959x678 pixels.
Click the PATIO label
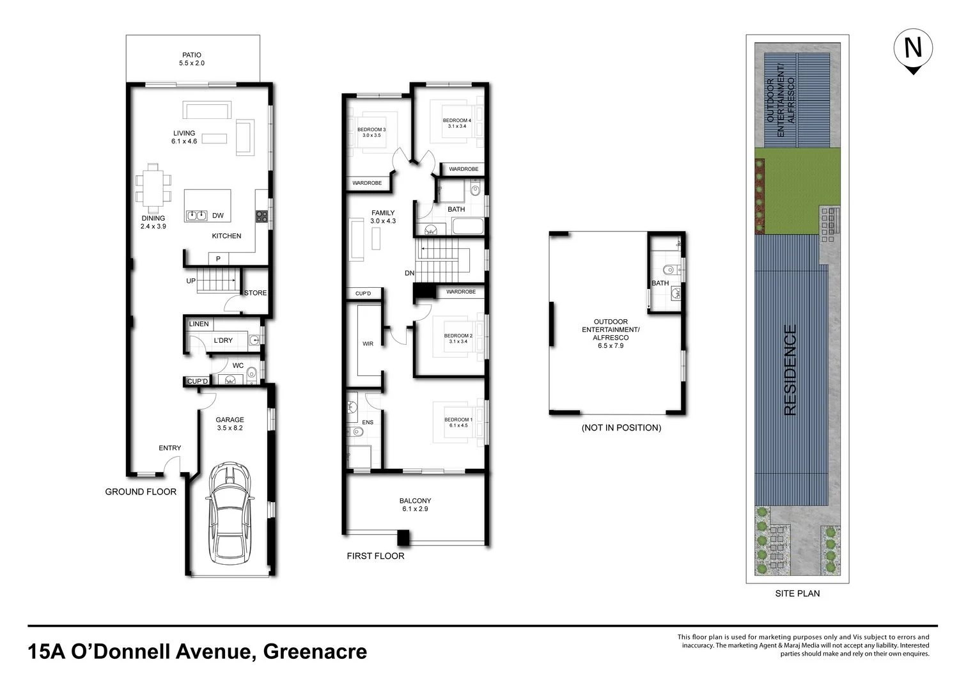(x=192, y=55)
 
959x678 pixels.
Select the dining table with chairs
(x=153, y=188)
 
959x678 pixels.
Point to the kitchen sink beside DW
(x=196, y=216)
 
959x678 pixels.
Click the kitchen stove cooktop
(x=261, y=216)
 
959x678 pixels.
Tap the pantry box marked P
(x=219, y=258)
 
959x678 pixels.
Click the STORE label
(x=256, y=293)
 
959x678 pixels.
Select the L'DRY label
(x=223, y=340)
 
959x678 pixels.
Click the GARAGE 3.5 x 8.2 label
(x=230, y=423)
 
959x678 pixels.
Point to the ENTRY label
(x=170, y=448)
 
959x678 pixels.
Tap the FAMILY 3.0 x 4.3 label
(x=383, y=217)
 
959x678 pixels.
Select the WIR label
(x=368, y=343)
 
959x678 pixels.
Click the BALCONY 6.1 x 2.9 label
(x=416, y=505)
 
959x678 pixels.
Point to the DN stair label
(x=410, y=273)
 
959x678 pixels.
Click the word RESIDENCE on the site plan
(x=790, y=370)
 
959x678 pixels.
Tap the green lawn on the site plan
(x=797, y=191)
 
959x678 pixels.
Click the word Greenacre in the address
(x=315, y=651)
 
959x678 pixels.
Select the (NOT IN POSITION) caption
(x=621, y=428)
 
